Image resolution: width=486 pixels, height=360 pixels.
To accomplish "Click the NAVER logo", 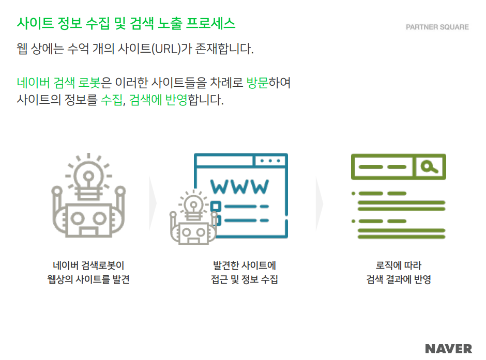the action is (448, 348).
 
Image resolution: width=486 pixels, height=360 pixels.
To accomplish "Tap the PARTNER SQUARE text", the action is (437, 27).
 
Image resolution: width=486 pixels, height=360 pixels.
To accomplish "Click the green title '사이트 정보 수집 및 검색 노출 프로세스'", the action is (126, 23).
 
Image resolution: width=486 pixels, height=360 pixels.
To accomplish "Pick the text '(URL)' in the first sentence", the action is (163, 50).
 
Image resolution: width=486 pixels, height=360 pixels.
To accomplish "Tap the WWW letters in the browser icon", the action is (240, 186).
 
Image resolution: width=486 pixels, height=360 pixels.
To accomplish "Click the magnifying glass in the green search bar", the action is (429, 166).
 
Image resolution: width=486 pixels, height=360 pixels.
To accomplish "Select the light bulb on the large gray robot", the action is (88, 176).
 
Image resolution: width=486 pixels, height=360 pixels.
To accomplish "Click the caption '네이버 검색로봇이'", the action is (88, 266).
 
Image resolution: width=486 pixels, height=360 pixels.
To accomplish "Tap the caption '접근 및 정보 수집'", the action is (244, 280).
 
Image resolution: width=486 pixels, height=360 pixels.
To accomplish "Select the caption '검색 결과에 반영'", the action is (398, 280).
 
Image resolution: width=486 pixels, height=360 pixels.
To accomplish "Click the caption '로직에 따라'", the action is (398, 266).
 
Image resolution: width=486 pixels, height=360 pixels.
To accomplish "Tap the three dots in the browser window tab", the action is (270, 161).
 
